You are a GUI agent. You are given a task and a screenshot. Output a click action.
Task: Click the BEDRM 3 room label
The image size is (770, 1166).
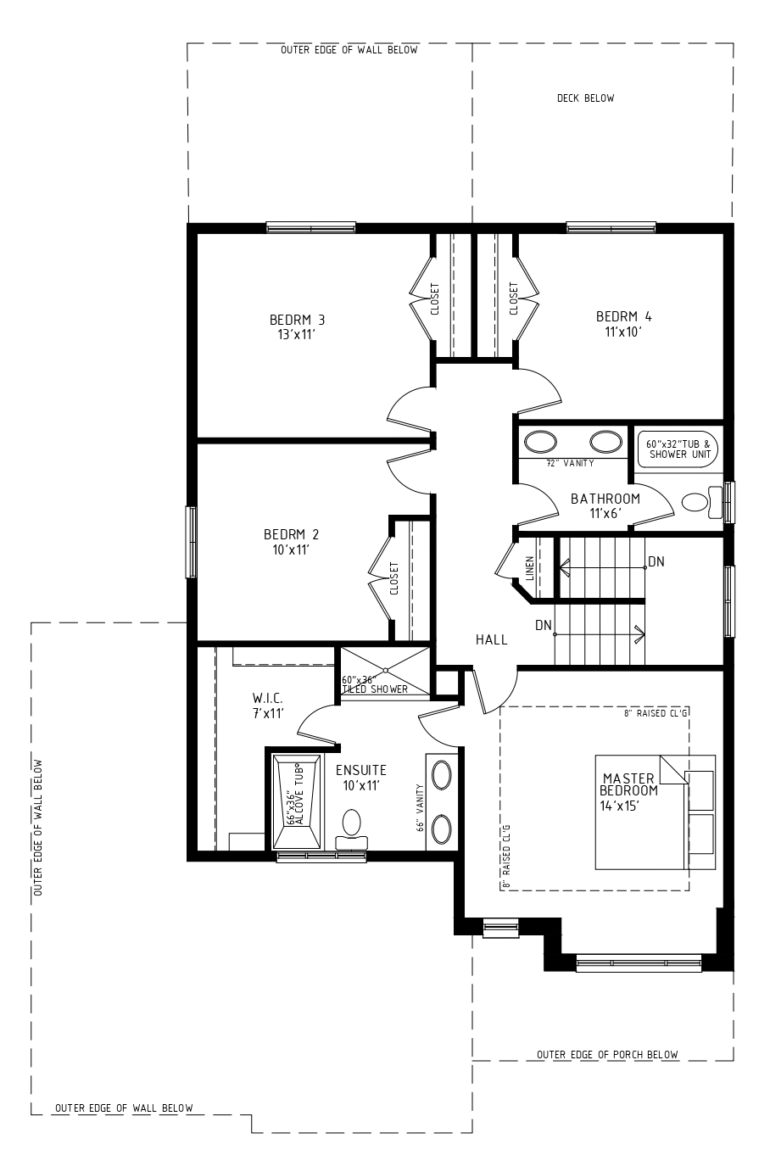click(x=297, y=319)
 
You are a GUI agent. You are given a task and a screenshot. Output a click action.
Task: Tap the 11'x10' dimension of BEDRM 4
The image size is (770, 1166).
click(x=623, y=332)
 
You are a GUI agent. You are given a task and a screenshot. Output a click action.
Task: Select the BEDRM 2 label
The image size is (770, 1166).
click(x=291, y=534)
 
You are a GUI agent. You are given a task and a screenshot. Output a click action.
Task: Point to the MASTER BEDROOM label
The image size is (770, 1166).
click(x=628, y=784)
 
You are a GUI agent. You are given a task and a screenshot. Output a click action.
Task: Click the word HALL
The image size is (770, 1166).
click(x=492, y=639)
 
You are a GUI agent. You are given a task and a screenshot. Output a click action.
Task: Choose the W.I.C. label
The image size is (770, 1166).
click(x=268, y=698)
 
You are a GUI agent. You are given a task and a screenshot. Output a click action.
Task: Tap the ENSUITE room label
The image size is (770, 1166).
click(x=360, y=770)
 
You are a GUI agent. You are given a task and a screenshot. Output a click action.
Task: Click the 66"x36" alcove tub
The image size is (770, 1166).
click(x=296, y=801)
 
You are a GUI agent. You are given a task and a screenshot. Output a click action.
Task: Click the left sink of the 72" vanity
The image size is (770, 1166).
click(x=540, y=442)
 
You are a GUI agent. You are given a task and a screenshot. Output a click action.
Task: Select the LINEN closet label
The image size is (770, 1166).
click(x=530, y=568)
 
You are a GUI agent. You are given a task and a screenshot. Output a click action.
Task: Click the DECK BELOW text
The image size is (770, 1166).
click(x=586, y=98)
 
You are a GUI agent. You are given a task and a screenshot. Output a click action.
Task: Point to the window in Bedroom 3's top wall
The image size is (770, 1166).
click(x=311, y=227)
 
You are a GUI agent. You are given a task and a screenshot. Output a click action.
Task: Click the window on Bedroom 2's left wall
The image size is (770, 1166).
click(x=192, y=542)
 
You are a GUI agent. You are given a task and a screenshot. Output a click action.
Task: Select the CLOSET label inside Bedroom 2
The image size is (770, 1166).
click(x=393, y=577)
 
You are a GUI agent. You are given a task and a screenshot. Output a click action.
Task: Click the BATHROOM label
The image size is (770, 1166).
click(x=605, y=499)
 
